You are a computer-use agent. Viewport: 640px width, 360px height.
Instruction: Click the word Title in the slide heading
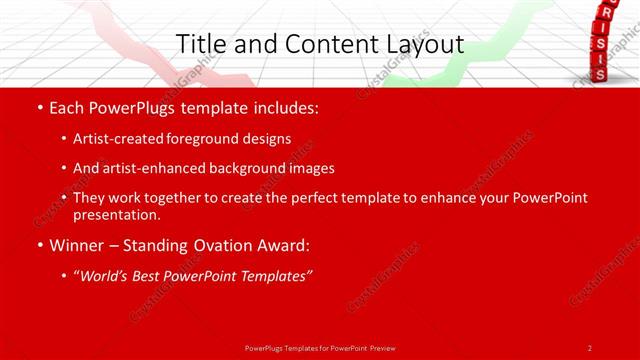200,44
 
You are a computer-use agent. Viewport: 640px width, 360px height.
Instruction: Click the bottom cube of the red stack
598,74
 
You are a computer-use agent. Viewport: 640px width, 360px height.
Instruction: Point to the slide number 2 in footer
590,348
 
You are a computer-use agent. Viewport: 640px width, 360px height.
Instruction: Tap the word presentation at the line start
116,214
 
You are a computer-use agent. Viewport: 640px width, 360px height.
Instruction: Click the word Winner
77,245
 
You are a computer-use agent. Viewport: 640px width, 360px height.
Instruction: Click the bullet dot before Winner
39,245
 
